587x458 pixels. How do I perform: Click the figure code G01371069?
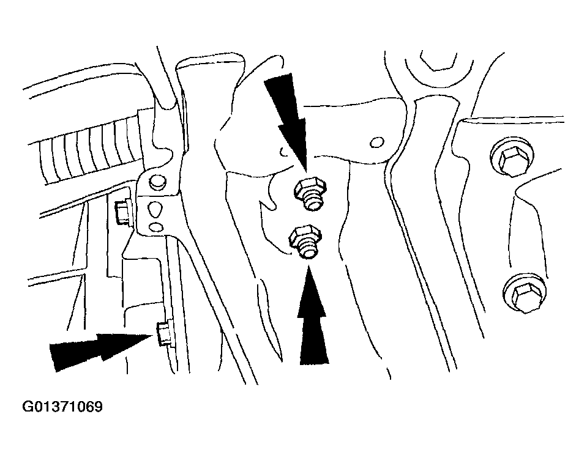62,407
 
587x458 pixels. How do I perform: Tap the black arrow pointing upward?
313,316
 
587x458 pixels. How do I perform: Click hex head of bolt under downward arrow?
310,188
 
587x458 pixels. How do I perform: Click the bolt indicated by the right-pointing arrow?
163,333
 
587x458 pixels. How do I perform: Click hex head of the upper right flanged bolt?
512,158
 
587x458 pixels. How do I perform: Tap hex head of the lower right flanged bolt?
525,294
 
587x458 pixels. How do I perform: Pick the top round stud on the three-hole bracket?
156,183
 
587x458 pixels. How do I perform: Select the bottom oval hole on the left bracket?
155,226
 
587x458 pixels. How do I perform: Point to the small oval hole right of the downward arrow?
376,142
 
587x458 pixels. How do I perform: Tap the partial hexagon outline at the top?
439,60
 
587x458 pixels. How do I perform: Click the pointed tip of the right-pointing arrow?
153,336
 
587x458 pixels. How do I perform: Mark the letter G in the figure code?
28,407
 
